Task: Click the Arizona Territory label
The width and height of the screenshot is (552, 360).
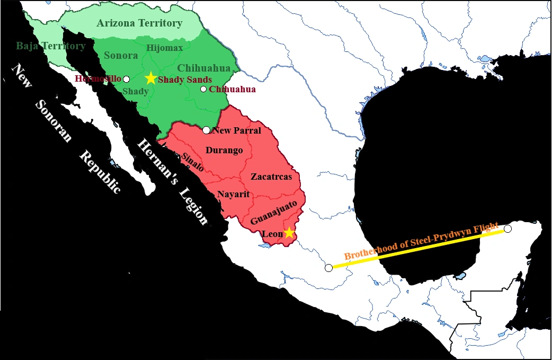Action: pos(139,23)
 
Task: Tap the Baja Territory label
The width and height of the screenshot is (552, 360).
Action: pos(50,46)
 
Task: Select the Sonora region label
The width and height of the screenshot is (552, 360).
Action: pos(121,55)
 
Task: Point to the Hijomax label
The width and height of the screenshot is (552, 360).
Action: pos(164,48)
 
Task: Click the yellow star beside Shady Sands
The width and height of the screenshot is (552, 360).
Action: pos(151,78)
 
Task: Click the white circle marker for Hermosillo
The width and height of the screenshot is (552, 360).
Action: pos(126,78)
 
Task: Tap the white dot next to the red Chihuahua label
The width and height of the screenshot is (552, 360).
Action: pos(203,89)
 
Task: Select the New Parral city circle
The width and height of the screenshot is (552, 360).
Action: pos(207,130)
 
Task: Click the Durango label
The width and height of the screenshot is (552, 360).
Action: pos(224,150)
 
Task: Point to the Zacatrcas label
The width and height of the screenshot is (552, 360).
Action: pos(271,177)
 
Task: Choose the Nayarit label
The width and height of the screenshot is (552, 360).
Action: pos(233,194)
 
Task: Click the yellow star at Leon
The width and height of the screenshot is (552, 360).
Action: pos(289,232)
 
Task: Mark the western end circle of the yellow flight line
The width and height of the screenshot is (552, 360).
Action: pos(329,267)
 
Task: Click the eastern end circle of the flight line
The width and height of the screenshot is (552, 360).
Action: pos(508,229)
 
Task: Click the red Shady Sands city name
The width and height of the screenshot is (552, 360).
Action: pos(185,79)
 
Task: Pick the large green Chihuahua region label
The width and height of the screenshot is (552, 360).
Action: pos(204,68)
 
